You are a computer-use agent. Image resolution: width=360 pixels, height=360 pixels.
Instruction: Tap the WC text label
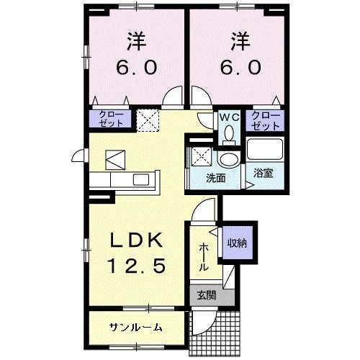coord(229,116)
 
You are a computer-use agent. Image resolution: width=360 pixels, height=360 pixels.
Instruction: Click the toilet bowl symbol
coord(229,133)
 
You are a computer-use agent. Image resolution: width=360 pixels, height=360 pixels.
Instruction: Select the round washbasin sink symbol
coord(229,160)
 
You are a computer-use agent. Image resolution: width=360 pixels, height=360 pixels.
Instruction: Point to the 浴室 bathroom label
coord(262,173)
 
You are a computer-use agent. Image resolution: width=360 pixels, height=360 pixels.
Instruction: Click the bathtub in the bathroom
coord(264,150)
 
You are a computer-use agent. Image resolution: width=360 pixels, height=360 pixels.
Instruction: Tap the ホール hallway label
coord(204,256)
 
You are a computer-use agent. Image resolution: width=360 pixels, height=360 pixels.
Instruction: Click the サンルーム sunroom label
coord(135,328)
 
